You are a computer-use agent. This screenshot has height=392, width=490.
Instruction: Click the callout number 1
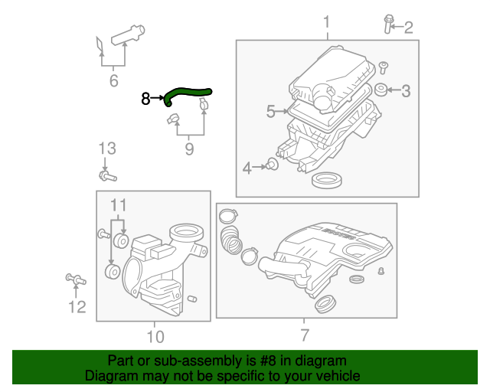(327, 21)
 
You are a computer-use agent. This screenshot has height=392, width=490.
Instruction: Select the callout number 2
(408, 28)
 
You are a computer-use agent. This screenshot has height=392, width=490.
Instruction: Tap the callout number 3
(406, 91)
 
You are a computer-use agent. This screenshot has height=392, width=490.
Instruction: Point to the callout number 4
(247, 168)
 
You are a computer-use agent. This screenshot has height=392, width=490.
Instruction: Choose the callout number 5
(270, 112)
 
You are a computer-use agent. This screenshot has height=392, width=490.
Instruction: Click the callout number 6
(113, 79)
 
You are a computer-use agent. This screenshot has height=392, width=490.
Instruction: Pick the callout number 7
(305, 335)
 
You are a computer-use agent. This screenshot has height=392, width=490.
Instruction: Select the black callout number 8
(146, 98)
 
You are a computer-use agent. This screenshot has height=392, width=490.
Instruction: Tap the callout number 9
(189, 149)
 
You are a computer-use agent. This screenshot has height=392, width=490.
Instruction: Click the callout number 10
(155, 335)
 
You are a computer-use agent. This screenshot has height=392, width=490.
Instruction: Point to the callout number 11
(116, 204)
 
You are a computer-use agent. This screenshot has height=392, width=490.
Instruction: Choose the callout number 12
(77, 307)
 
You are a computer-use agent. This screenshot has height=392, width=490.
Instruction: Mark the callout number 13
(106, 148)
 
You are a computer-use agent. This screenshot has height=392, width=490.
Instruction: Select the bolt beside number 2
(388, 24)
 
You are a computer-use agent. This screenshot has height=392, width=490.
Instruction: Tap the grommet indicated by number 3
(381, 91)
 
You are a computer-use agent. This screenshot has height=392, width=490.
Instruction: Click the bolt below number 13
(106, 176)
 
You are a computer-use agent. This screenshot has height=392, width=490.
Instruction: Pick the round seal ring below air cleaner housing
(326, 181)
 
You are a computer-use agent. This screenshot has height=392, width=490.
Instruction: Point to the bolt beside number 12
(76, 280)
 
